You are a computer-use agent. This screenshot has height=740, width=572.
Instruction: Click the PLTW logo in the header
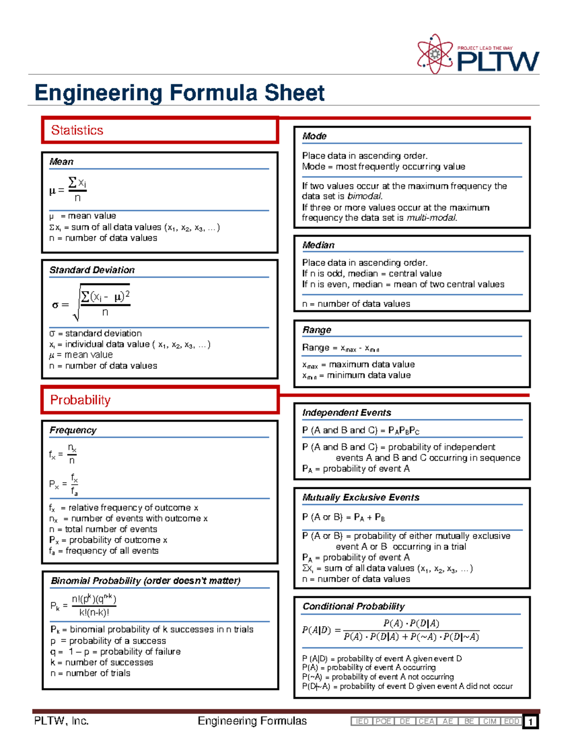click(x=478, y=54)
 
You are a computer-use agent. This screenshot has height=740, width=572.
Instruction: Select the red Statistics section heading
click(x=77, y=130)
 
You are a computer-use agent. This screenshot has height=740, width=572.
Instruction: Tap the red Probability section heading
click(x=80, y=400)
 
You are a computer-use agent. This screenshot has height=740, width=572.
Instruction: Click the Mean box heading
click(x=61, y=162)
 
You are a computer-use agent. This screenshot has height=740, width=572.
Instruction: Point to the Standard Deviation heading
click(x=92, y=270)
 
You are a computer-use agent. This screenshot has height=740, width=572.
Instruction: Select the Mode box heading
click(x=314, y=136)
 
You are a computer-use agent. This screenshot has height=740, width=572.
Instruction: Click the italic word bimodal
click(x=365, y=196)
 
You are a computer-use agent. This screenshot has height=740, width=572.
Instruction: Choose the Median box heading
click(x=318, y=245)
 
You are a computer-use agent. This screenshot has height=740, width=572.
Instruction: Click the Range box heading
click(x=317, y=330)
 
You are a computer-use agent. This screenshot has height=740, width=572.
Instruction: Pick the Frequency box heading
click(x=73, y=430)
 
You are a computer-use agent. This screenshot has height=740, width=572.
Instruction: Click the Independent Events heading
click(x=347, y=413)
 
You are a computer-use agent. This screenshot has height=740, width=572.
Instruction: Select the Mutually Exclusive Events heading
click(x=361, y=497)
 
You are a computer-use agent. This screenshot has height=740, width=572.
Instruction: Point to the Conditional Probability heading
click(x=353, y=606)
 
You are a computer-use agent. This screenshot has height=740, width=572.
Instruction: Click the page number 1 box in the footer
click(x=530, y=722)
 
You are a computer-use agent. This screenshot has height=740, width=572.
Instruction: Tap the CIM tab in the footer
click(x=490, y=721)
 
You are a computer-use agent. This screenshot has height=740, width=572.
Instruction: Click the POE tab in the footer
click(x=383, y=721)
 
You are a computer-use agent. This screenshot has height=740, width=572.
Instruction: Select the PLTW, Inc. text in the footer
click(x=61, y=721)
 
